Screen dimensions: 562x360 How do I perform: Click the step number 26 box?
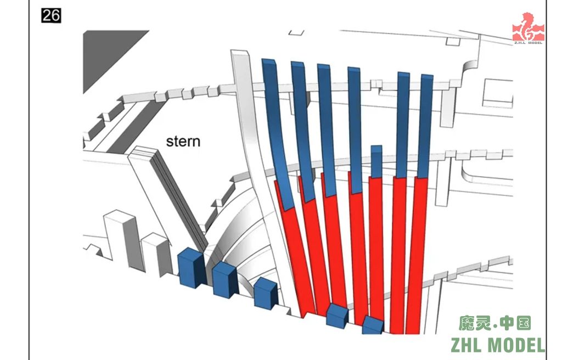(51, 15)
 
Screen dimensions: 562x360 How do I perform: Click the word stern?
(183, 141)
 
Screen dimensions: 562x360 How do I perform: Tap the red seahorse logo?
(528, 28)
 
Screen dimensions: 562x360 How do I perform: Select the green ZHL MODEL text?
(498, 345)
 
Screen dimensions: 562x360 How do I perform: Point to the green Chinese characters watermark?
(494, 323)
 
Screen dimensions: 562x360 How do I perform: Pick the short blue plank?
(376, 162)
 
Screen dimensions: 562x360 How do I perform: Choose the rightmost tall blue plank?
(426, 126)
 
